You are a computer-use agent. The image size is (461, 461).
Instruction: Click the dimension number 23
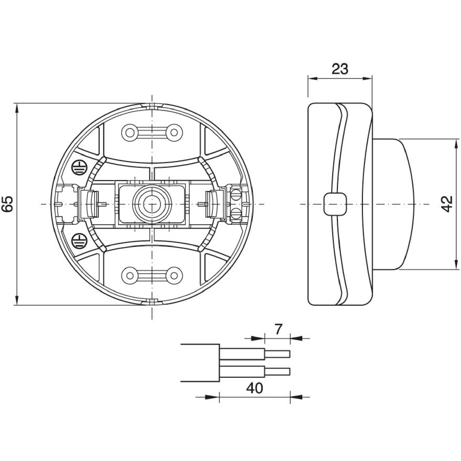click(340, 69)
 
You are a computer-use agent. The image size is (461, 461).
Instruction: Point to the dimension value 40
click(255, 388)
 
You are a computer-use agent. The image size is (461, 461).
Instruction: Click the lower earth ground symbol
click(78, 240)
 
